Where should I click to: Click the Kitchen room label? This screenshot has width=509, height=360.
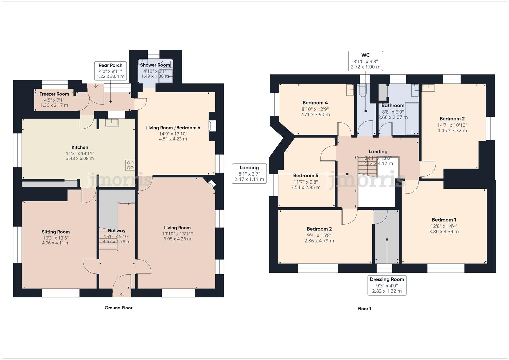[x=80, y=147]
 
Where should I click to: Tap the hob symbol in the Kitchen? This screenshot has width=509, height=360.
[x=130, y=165]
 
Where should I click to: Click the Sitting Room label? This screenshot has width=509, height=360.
[x=56, y=232]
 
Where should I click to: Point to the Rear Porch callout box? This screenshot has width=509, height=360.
[x=110, y=71]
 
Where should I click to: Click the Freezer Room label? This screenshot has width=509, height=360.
[x=54, y=94]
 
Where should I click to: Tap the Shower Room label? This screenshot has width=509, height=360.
[x=155, y=65]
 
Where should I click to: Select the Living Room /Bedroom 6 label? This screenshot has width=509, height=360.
[x=173, y=128]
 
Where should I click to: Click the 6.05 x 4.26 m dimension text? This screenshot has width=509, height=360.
[x=177, y=239]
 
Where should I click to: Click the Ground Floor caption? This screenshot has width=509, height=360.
[x=118, y=308]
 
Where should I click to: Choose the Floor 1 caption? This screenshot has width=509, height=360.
[x=364, y=309]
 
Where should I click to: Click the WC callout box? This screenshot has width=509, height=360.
[x=365, y=61]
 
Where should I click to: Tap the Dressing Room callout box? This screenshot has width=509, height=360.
[x=387, y=285]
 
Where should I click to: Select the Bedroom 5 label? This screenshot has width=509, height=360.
[x=305, y=176]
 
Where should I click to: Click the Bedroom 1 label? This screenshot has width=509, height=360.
[x=444, y=220]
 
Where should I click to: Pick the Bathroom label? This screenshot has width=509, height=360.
[x=393, y=106]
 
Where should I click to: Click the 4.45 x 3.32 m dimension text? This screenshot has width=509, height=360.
[x=452, y=131]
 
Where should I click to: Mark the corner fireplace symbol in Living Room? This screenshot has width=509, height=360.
[x=211, y=184]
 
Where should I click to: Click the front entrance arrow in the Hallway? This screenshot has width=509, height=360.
[x=121, y=294]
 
